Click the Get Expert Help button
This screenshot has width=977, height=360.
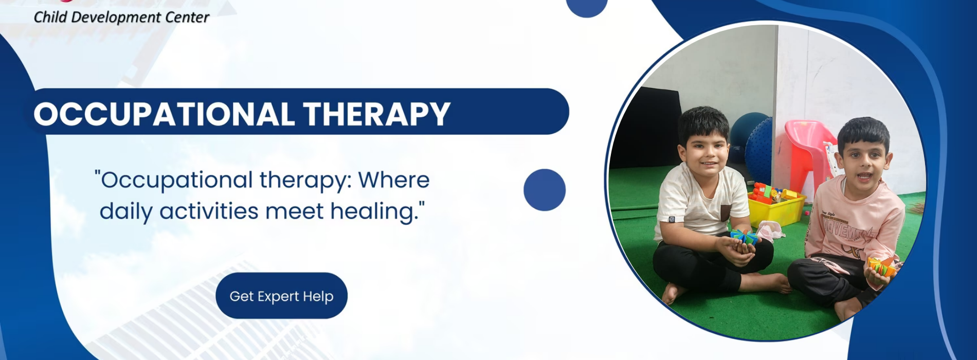(281, 296)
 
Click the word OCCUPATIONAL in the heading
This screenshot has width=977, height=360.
(164, 114)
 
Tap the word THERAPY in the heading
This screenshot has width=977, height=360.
(377, 114)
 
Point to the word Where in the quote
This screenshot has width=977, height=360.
(394, 180)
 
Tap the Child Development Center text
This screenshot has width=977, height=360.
(121, 17)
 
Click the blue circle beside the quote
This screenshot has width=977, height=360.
(545, 190)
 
